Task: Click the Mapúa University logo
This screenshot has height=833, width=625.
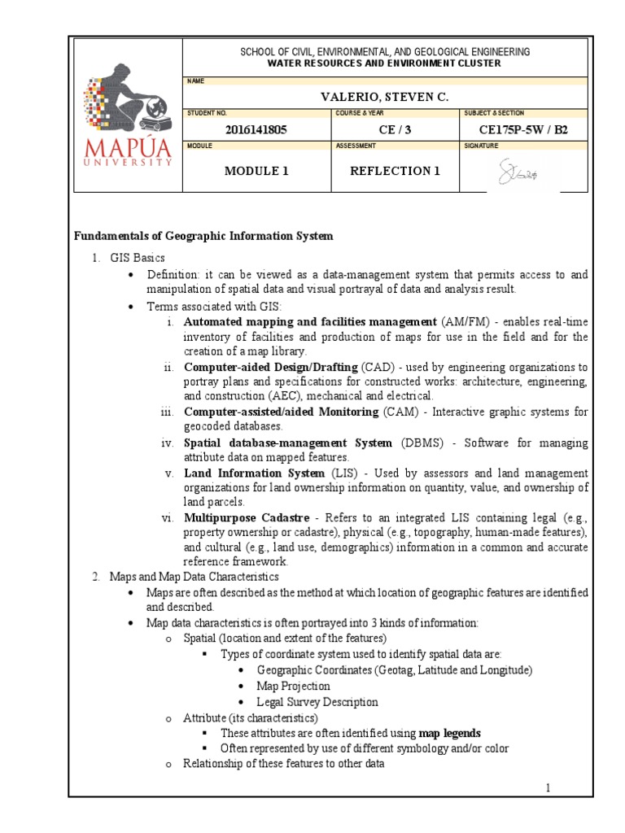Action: click(x=128, y=115)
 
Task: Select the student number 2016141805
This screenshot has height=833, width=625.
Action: click(x=256, y=129)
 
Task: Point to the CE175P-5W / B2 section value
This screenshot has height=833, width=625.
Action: click(x=524, y=129)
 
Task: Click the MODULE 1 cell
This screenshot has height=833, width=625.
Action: click(x=256, y=171)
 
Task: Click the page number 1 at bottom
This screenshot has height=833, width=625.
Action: click(x=549, y=788)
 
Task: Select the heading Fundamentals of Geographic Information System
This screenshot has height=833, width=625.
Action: click(x=204, y=236)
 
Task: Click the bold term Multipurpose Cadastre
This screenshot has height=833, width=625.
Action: click(x=247, y=517)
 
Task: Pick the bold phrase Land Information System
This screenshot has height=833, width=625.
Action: click(x=254, y=473)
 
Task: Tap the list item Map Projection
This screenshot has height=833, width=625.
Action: click(x=292, y=686)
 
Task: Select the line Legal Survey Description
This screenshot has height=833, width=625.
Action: click(x=317, y=701)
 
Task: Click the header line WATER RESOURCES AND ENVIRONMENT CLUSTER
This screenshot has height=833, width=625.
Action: click(x=385, y=63)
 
